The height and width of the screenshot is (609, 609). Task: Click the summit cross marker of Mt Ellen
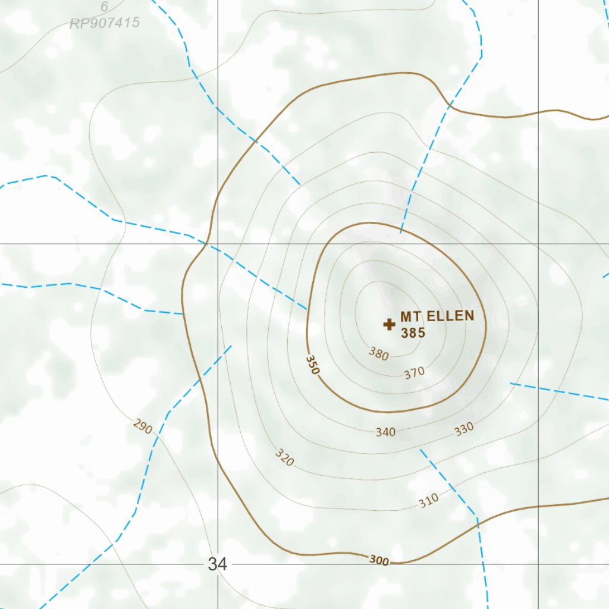pyautogui.click(x=389, y=324)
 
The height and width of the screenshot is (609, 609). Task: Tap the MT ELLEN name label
pyautogui.click(x=437, y=316)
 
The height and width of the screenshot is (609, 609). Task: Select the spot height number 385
pyautogui.click(x=413, y=333)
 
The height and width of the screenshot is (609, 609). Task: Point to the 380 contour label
pyautogui.click(x=379, y=355)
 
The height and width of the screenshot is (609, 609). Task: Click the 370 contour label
pyautogui.click(x=414, y=373)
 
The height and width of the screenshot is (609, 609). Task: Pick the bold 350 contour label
pyautogui.click(x=313, y=365)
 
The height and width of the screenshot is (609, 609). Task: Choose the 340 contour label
pyautogui.click(x=385, y=432)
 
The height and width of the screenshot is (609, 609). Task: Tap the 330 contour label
pyautogui.click(x=464, y=429)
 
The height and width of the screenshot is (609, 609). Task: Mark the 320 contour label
pyautogui.click(x=285, y=457)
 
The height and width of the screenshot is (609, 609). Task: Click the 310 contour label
pyautogui.click(x=428, y=501)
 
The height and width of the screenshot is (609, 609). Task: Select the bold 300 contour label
pyautogui.click(x=379, y=560)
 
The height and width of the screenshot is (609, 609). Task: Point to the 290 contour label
pyautogui.click(x=143, y=426)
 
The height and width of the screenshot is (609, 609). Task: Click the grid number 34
pyautogui.click(x=218, y=564)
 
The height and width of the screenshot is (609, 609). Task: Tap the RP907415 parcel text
pyautogui.click(x=105, y=23)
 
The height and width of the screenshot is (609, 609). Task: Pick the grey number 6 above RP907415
pyautogui.click(x=105, y=8)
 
